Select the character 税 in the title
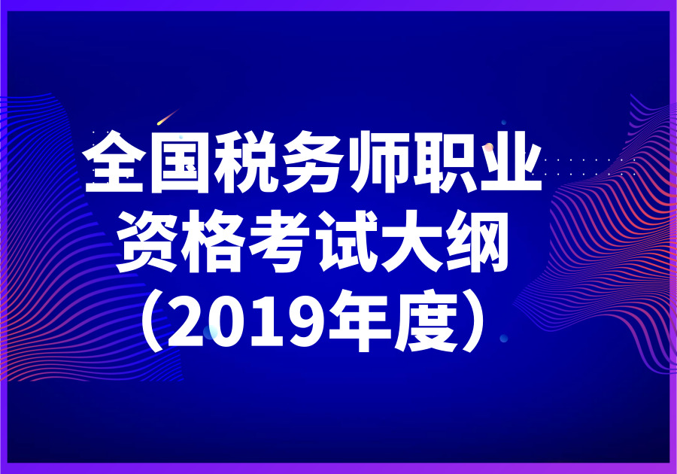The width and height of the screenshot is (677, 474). pos(246,162)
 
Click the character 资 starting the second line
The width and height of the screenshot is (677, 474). pos(147,241)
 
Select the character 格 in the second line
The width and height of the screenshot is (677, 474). pos(214,241)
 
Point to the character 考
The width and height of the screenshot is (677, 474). pos(279,241)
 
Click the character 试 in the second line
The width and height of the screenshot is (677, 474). pos(345,241)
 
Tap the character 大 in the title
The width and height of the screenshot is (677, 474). pos(411,241)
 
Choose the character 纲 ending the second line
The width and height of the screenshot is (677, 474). pos(477,241)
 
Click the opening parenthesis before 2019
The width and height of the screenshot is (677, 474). pos(153,323)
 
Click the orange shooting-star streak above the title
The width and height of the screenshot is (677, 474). pos(168,117)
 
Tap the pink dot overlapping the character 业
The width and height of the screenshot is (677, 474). pos(489,148)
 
